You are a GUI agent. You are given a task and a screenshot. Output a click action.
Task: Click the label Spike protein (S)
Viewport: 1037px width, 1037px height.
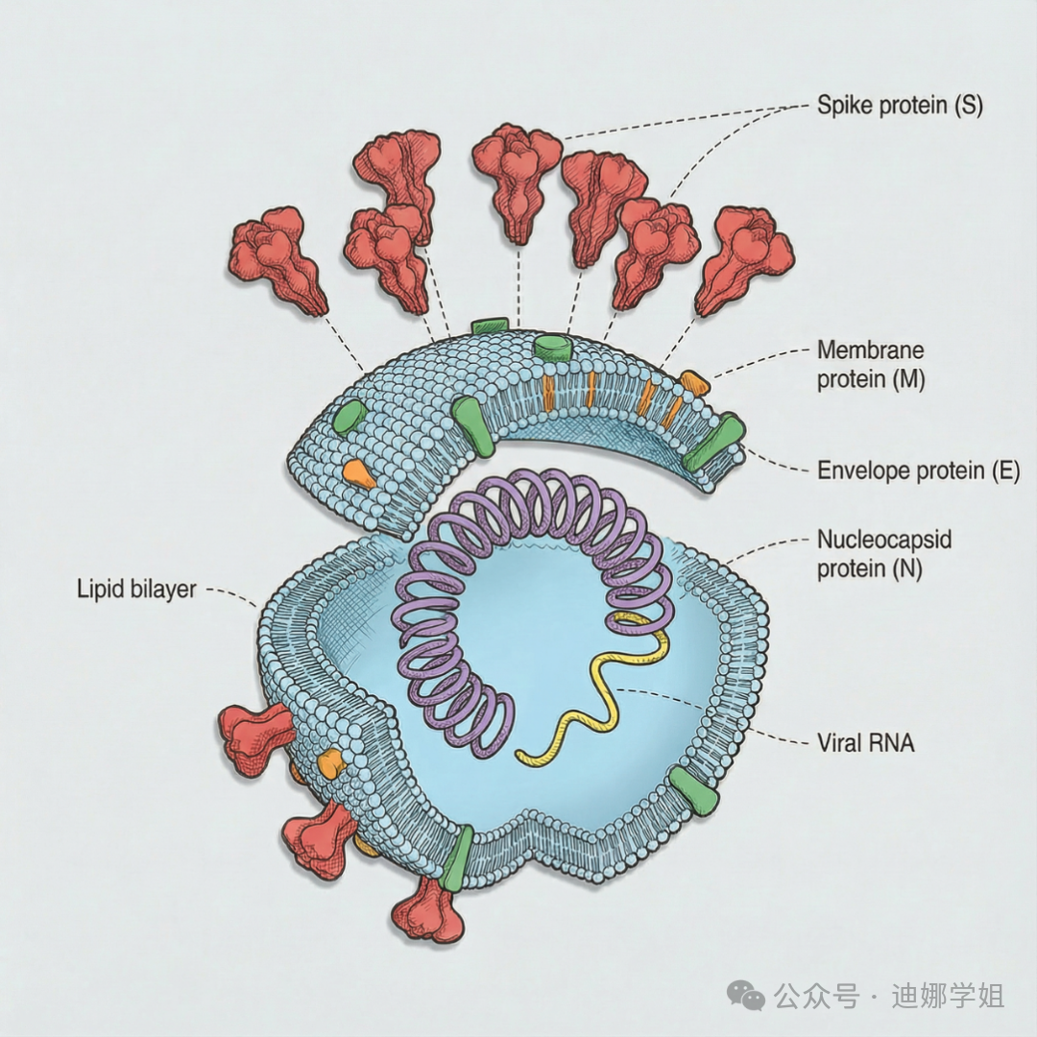[900, 105]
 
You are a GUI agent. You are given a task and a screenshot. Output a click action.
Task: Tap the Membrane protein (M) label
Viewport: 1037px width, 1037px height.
[870, 364]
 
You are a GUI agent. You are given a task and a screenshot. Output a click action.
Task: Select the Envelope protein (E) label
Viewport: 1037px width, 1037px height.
[917, 470]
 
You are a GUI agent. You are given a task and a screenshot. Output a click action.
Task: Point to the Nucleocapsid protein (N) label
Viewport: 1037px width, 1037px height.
[883, 553]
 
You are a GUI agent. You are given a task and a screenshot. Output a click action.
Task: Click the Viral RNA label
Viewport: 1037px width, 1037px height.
[865, 741]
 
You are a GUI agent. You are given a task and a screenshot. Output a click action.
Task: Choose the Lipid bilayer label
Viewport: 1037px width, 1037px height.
[135, 588]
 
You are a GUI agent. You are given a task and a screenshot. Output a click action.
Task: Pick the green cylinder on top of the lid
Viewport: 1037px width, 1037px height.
[553, 347]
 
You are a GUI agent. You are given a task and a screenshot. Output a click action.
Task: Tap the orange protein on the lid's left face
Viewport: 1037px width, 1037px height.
[357, 471]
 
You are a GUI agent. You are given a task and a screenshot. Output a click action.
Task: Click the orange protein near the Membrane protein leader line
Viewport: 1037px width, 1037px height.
[695, 383]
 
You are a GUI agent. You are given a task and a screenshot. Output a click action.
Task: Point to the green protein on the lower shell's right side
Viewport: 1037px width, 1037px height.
[693, 791]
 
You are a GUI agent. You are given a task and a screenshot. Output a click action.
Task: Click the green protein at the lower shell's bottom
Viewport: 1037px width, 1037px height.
[458, 857]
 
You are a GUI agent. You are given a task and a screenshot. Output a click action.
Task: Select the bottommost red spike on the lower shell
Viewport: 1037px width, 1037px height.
[429, 910]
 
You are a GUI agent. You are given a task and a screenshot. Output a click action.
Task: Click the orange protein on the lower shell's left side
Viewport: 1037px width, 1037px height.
[330, 763]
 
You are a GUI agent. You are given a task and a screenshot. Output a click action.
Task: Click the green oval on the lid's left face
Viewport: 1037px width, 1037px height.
[350, 416]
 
